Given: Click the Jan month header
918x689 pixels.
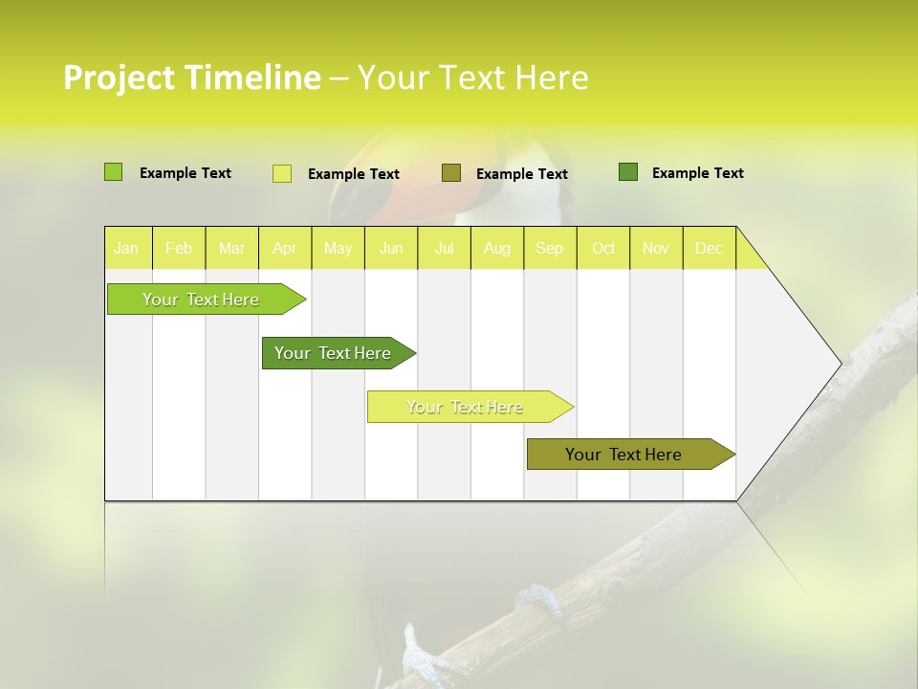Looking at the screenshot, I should (x=126, y=248).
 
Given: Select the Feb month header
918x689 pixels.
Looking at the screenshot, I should (x=179, y=248).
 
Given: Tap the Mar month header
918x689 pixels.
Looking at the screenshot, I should (x=231, y=248).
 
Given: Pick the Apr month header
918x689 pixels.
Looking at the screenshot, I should (x=285, y=248).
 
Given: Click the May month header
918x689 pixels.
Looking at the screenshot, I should (x=338, y=248).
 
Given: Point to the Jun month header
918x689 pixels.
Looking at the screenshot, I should (x=391, y=248).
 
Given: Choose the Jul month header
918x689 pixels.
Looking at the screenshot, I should (x=444, y=248).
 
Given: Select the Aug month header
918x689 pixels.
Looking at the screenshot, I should (x=497, y=248).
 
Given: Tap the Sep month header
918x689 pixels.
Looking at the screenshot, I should (x=550, y=248).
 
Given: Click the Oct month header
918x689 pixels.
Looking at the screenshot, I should (x=603, y=248).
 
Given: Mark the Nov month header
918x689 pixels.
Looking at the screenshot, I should (x=656, y=248).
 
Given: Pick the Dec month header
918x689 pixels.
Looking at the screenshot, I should (x=710, y=248).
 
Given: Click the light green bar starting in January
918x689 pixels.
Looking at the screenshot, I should (x=202, y=300).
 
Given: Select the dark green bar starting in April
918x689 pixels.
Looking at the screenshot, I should (x=334, y=353).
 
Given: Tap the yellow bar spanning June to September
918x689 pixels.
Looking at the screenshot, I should (x=466, y=407).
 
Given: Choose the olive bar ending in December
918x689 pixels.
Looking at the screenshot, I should (x=624, y=455).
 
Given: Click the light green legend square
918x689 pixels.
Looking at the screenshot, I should (x=113, y=172).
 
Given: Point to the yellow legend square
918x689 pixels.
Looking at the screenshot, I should (x=282, y=173).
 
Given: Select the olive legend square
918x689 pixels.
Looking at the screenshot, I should (x=451, y=172).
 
